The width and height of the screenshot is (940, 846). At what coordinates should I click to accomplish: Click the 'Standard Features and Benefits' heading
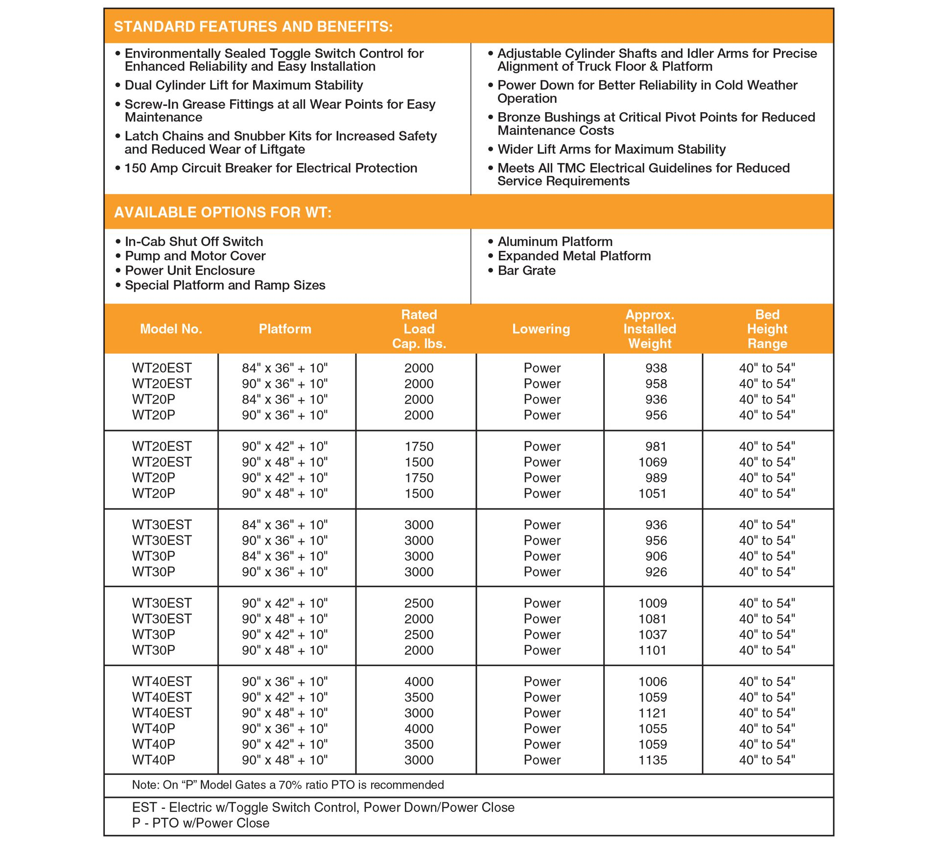tap(253, 26)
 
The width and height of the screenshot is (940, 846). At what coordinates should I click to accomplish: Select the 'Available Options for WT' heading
tap(223, 212)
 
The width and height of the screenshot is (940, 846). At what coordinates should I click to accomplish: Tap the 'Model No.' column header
tap(171, 329)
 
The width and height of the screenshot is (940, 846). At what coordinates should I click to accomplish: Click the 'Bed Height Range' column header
tap(767, 329)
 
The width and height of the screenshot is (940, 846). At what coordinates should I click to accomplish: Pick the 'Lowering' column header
tap(541, 329)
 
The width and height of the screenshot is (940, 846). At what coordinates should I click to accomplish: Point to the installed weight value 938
tap(656, 368)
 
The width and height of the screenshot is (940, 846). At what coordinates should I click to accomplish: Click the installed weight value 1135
tap(653, 760)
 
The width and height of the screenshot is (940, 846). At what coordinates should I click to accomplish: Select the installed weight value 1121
tap(653, 713)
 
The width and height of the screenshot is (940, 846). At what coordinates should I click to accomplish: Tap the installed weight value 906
tap(656, 556)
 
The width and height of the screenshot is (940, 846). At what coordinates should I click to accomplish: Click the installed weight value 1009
tap(653, 603)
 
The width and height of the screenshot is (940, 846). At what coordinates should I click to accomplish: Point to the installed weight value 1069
tap(653, 462)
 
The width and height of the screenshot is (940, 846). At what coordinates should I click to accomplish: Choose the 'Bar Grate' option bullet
tap(526, 270)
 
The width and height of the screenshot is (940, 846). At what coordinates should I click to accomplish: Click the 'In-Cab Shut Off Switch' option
tap(194, 242)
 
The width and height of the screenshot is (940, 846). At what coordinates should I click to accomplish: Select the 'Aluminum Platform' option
tap(555, 242)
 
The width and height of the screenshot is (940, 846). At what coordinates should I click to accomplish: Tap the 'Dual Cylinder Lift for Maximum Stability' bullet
tap(243, 85)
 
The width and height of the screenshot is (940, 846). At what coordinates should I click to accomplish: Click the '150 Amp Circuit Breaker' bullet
tap(271, 168)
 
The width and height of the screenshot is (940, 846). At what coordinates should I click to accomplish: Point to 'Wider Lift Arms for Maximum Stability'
tap(611, 149)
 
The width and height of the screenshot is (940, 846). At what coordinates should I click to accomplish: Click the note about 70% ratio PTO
tap(288, 785)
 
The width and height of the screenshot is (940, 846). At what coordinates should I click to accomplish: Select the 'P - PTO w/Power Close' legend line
tap(201, 823)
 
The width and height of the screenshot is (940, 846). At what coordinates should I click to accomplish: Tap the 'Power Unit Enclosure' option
tap(190, 270)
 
